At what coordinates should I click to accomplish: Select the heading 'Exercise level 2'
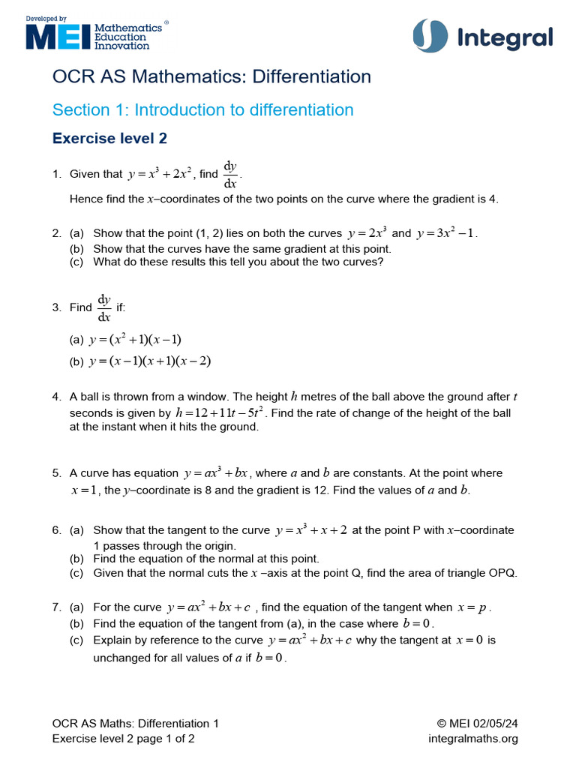pos(109,139)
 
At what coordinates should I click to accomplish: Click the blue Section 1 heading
pos(202,110)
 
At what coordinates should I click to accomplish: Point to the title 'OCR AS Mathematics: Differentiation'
pos(211,76)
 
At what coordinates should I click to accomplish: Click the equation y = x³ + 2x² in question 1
pos(161,174)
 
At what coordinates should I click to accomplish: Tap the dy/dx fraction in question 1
pos(229,174)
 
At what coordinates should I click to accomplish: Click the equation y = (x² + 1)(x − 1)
pos(135,339)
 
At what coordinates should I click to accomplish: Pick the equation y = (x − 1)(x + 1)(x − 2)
pos(150,361)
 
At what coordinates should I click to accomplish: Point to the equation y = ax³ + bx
pos(215,473)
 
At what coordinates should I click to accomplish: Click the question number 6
pos(56,530)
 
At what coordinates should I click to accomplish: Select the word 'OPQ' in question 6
pos(504,573)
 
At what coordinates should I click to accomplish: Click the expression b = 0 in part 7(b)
pos(418,623)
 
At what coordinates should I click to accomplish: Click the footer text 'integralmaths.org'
pos(473,739)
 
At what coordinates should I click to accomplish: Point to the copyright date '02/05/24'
pos(495,724)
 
